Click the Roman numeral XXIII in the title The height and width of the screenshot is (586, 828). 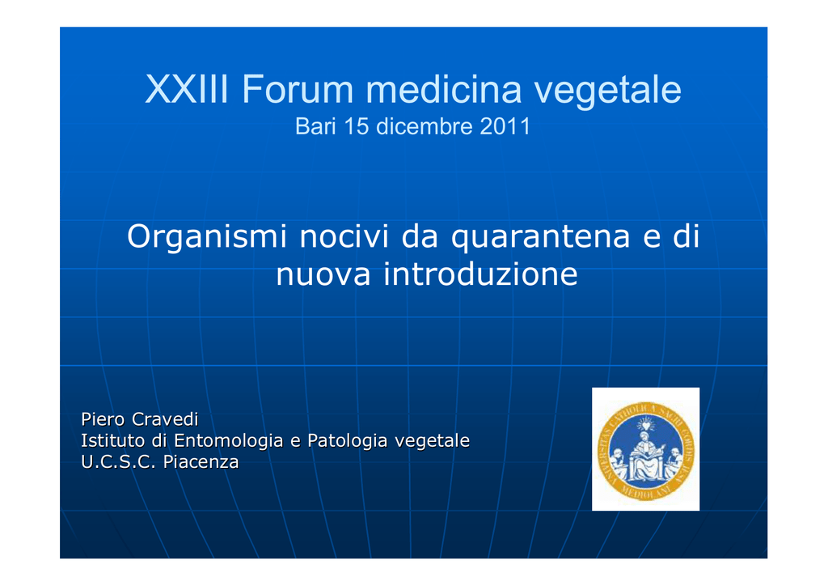pos(187,89)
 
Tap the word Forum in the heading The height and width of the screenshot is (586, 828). pos(298,89)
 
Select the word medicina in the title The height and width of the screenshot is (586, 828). pos(444,89)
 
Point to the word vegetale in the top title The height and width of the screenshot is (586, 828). pos(608,91)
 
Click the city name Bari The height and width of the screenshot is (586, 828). pos(315,126)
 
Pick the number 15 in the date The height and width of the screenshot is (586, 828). pos(357,126)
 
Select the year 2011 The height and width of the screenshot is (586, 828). pos(505,126)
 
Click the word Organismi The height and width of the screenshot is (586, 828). pos(207,237)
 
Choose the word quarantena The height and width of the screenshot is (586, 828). pos(541,237)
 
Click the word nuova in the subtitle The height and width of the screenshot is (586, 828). pos(323,274)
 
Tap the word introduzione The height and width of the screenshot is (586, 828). pos(480,274)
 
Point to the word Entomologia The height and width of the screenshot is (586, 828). pos(229,440)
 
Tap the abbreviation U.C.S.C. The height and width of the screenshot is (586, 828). pos(118,462)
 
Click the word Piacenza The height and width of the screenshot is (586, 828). pos(201,462)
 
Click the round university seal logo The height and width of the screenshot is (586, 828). pos(645,450)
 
